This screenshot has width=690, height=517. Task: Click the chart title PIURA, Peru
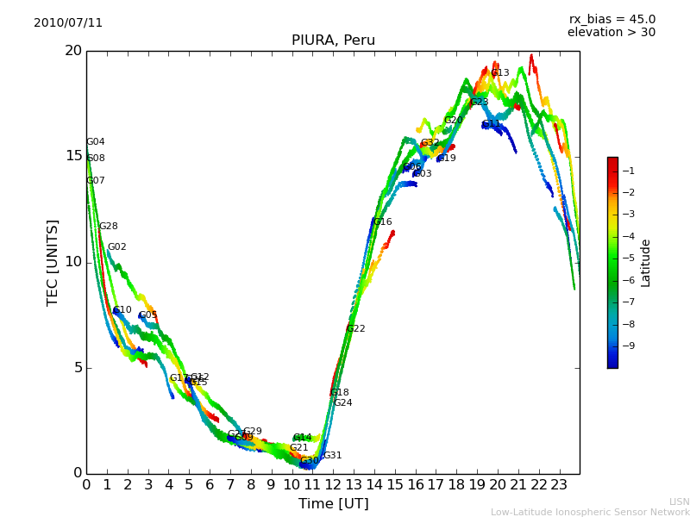tap(333, 40)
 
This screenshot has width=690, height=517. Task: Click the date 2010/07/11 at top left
tap(68, 22)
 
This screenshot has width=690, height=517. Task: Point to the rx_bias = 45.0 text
tap(612, 19)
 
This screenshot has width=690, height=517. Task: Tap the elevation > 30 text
tap(611, 33)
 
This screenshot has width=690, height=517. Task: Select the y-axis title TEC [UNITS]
tap(53, 262)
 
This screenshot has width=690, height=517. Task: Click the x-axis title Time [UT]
tap(333, 504)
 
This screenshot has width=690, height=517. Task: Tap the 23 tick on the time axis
tap(559, 485)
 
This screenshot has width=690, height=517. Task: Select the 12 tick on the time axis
tap(333, 485)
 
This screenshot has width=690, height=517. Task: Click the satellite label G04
tap(96, 142)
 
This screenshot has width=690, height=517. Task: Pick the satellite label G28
tap(109, 227)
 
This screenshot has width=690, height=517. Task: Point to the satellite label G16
tap(383, 222)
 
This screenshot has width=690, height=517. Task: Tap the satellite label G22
tap(356, 329)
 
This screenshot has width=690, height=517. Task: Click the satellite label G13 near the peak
tap(500, 73)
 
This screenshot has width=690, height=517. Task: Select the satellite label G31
tap(333, 456)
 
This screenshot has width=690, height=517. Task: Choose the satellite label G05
tap(148, 315)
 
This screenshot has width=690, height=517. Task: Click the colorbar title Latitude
tap(646, 263)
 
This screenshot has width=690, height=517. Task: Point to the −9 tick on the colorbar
tap(628, 346)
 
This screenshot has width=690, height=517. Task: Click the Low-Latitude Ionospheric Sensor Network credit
tap(590, 513)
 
